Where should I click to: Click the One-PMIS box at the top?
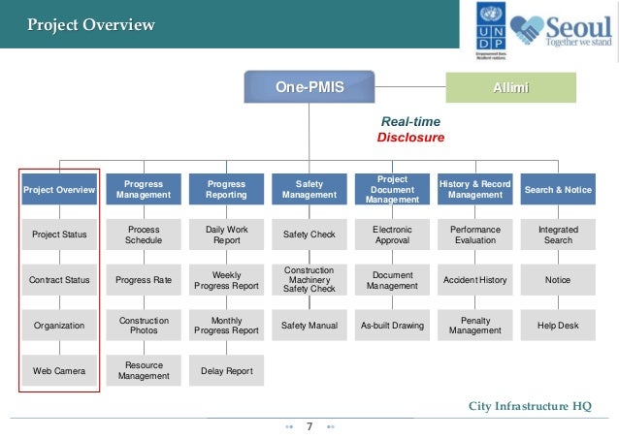pos(310,88)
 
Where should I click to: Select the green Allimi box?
pos(510,88)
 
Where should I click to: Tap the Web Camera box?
pos(59,371)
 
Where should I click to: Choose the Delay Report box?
pos(226,371)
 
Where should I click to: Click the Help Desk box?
pos(558,326)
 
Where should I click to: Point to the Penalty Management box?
pos(474,326)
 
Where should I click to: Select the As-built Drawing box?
pos(392,326)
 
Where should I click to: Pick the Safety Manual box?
pos(309,326)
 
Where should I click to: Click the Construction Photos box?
pos(144,326)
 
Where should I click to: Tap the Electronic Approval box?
pos(392,235)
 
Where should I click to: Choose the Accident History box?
pos(474,280)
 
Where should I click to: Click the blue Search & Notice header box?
pos(558,190)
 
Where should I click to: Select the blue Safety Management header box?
pos(309,190)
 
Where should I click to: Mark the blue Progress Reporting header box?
pos(226,190)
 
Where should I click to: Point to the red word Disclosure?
pos(410,138)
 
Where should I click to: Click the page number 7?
pos(309,426)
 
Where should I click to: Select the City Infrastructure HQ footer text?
pos(529,405)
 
